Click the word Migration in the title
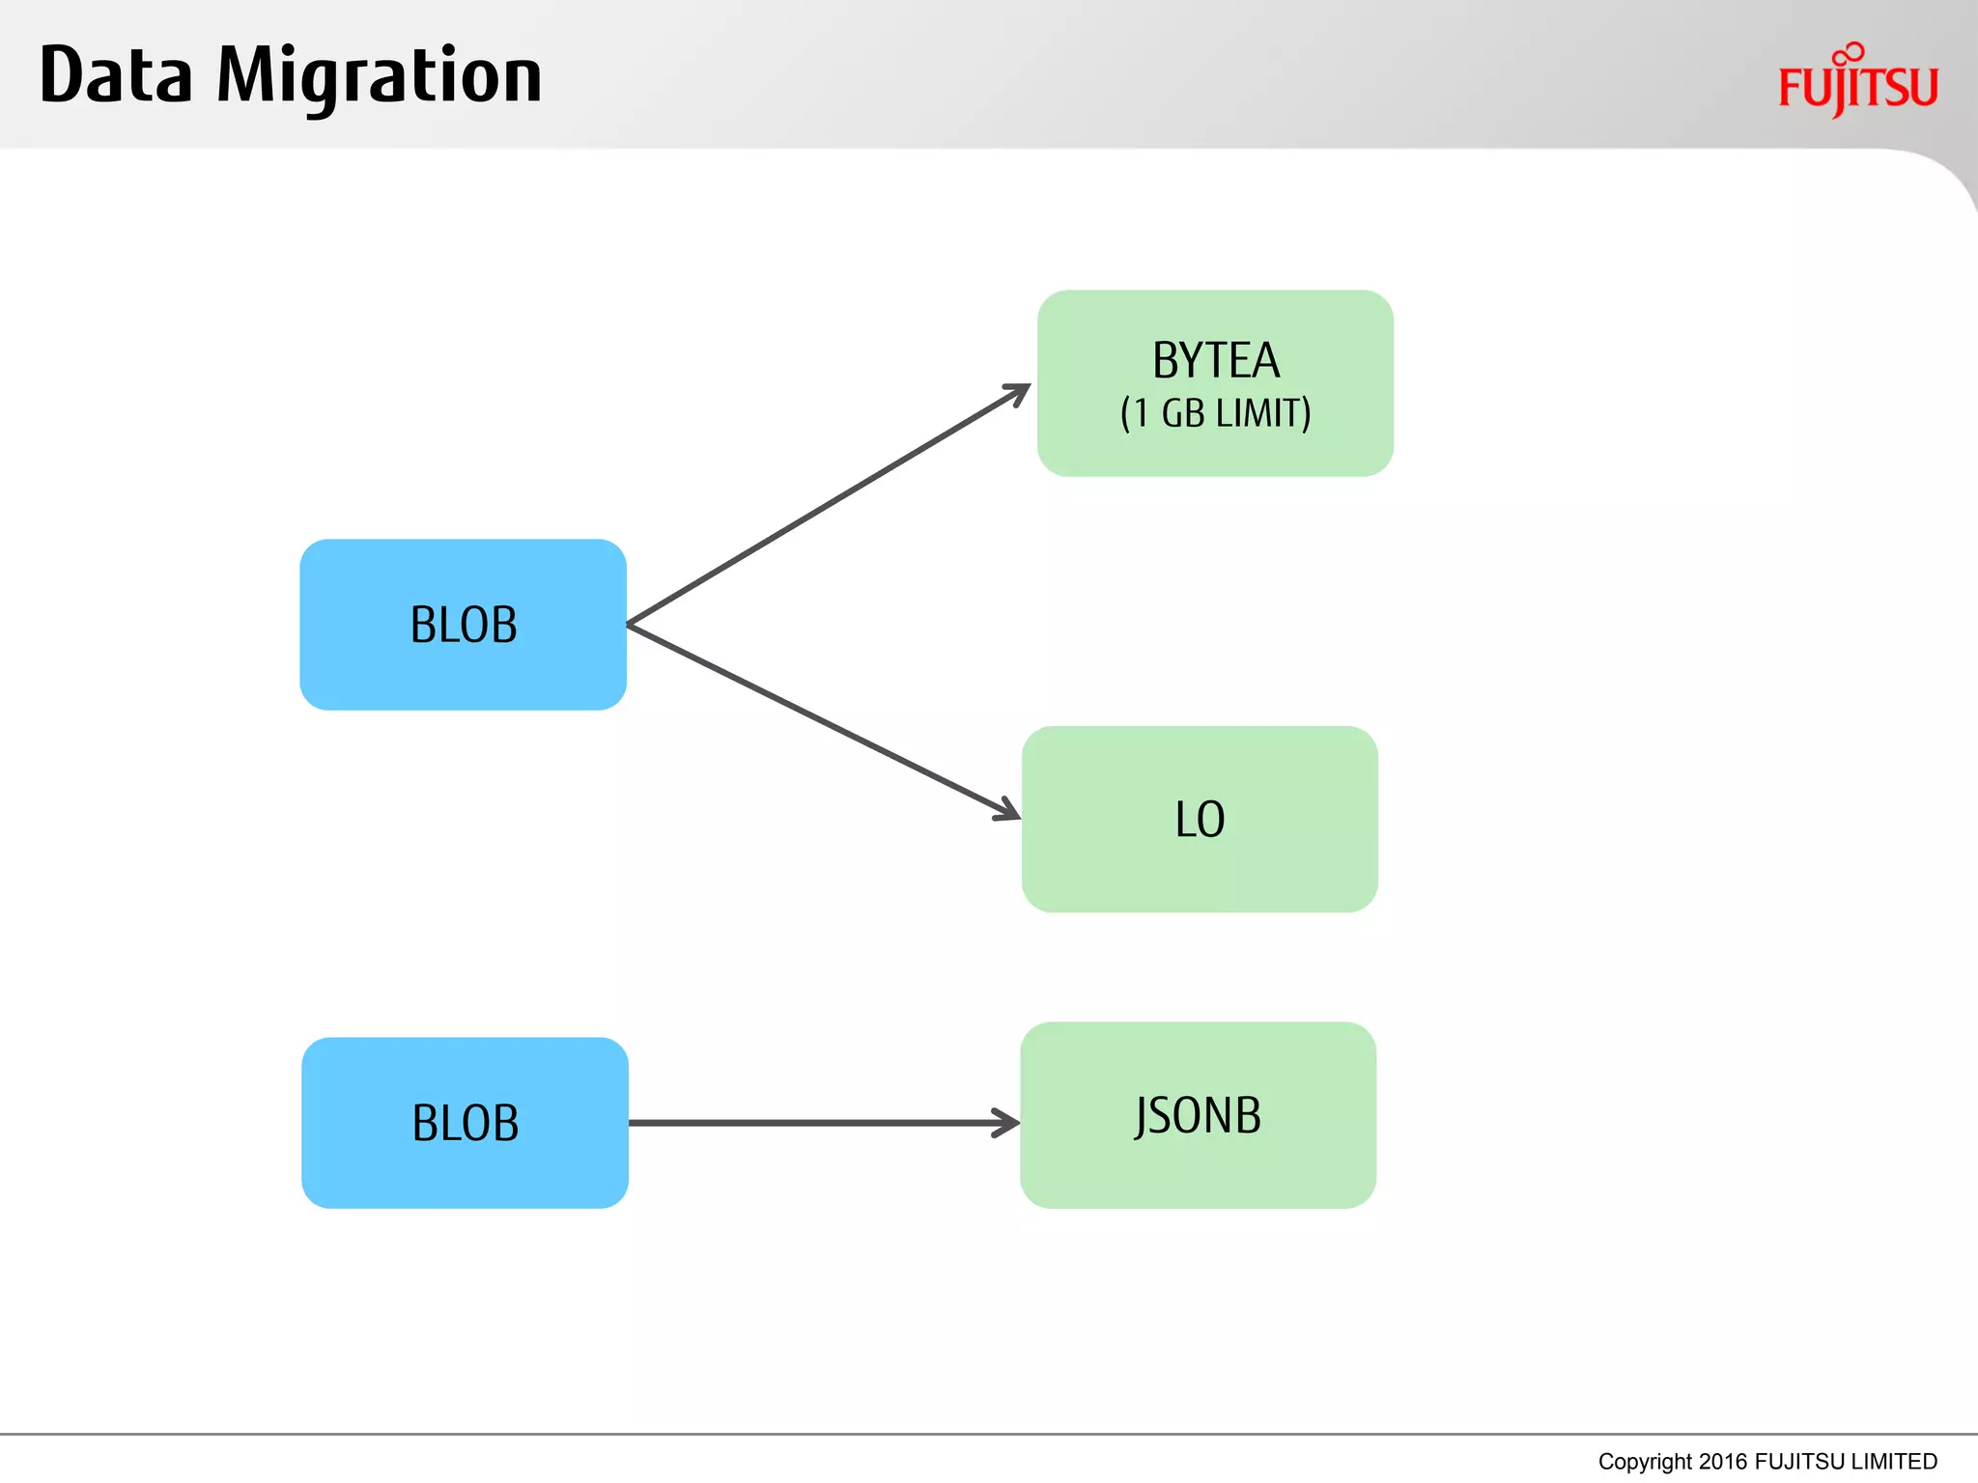tap(379, 77)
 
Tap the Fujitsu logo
tap(1857, 87)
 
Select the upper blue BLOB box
tap(463, 625)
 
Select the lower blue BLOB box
tap(465, 1123)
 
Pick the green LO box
tap(1200, 819)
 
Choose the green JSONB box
tap(1198, 1115)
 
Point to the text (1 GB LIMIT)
tap(1215, 413)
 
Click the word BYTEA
tap(1215, 361)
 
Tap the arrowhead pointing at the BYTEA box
tap(1019, 392)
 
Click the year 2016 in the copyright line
tap(1722, 1461)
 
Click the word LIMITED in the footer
tap(1894, 1461)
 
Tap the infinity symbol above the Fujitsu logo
tap(1849, 54)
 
